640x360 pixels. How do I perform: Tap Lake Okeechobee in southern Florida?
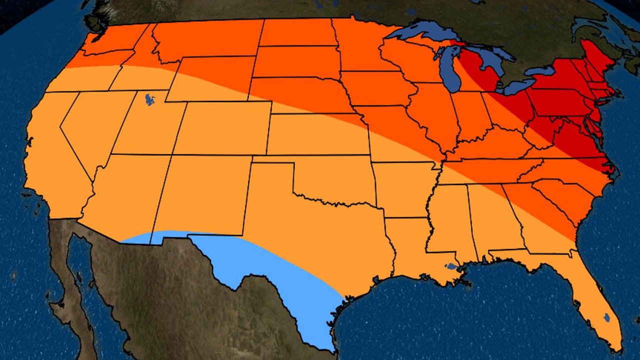click(606, 317)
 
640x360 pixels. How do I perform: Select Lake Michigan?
click(450, 70)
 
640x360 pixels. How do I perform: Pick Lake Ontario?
click(540, 71)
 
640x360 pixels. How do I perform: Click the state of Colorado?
click(222, 128)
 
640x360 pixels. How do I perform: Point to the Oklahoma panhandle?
click(272, 159)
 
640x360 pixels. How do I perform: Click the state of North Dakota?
click(297, 32)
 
